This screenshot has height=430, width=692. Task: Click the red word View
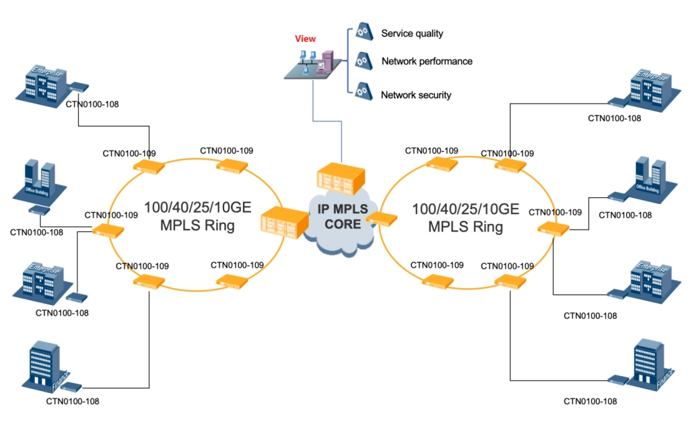(x=305, y=39)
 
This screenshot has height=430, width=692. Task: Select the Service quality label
(x=412, y=33)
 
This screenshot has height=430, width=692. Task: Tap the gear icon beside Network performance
(x=364, y=61)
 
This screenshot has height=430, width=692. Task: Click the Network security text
(x=416, y=95)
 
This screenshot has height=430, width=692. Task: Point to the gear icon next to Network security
(x=364, y=89)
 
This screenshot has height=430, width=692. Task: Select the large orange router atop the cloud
(x=339, y=176)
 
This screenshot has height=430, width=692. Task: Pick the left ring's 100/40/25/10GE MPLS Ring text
(x=197, y=217)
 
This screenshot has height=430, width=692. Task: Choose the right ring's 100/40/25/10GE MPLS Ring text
(x=466, y=217)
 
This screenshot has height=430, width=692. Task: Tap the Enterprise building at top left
(x=42, y=83)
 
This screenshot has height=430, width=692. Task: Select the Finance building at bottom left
(x=47, y=366)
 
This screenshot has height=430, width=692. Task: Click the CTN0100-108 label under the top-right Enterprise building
(x=614, y=118)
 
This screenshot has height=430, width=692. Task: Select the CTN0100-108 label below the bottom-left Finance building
(x=73, y=401)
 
